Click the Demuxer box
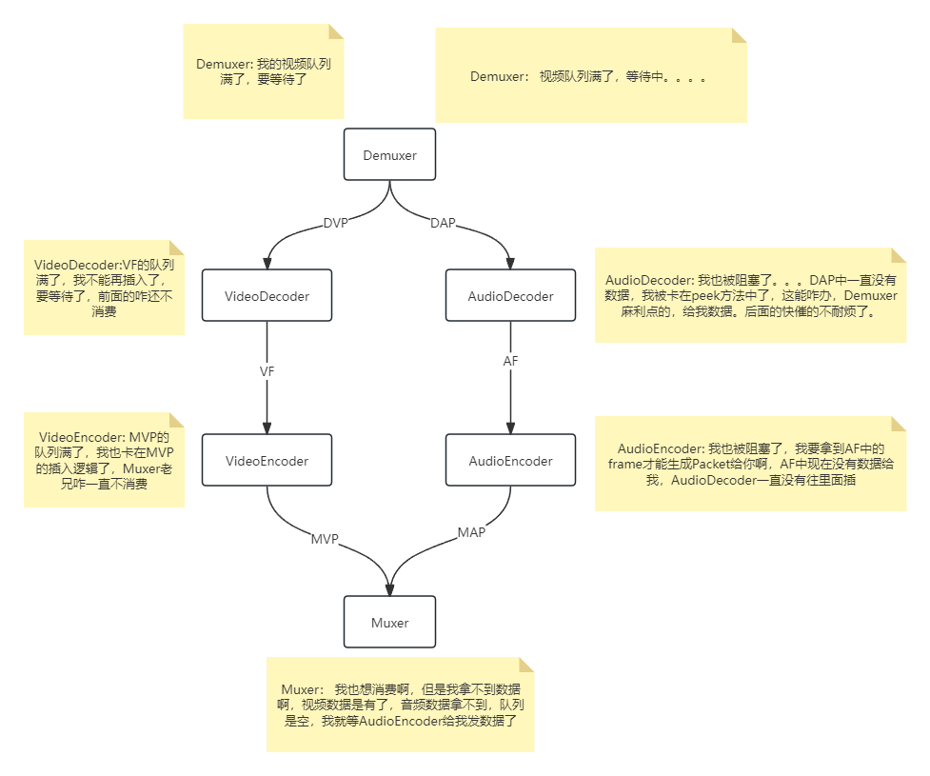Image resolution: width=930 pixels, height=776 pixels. (389, 154)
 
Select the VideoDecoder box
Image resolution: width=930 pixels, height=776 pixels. (267, 295)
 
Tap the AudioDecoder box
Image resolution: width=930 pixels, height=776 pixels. (510, 295)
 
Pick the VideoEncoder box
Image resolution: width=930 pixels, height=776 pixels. (267, 461)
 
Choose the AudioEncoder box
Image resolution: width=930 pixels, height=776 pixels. (510, 461)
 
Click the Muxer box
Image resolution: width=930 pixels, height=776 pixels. (389, 623)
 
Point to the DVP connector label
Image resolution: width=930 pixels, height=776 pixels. (335, 224)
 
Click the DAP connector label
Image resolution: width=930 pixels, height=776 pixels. (443, 224)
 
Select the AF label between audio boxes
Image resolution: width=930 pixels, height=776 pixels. (510, 362)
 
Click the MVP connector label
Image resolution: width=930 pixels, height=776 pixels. (325, 539)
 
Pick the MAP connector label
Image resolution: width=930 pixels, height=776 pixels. (471, 532)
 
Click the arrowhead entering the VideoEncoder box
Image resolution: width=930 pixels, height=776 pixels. (267, 428)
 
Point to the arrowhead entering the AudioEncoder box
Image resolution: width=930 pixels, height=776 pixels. (510, 428)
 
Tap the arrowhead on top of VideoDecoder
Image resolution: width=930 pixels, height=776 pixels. (267, 263)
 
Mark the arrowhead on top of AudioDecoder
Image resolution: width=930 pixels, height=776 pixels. (510, 263)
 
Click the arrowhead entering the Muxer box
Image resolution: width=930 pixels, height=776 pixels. (389, 589)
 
